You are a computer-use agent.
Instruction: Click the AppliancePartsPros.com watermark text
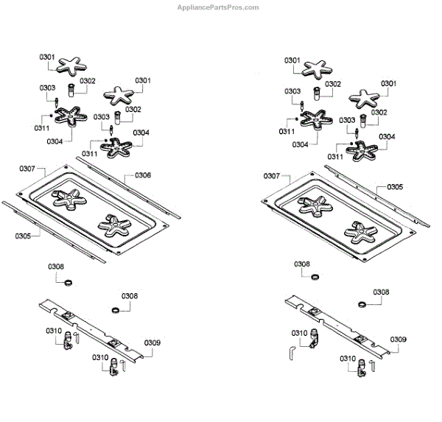218,7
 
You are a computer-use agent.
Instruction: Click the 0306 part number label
143,175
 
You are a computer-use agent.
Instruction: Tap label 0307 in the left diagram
27,169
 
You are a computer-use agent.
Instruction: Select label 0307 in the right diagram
271,176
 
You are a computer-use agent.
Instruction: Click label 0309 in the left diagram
152,342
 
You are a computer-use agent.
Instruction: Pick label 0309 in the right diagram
398,339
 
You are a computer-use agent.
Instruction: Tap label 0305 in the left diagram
23,236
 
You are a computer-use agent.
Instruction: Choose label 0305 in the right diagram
395,187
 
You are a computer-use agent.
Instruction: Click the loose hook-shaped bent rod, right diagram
292,351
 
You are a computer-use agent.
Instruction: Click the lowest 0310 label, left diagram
101,357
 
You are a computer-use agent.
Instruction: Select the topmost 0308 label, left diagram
56,267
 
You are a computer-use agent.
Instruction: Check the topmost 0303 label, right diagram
292,91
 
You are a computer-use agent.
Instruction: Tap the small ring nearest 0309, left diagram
116,309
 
